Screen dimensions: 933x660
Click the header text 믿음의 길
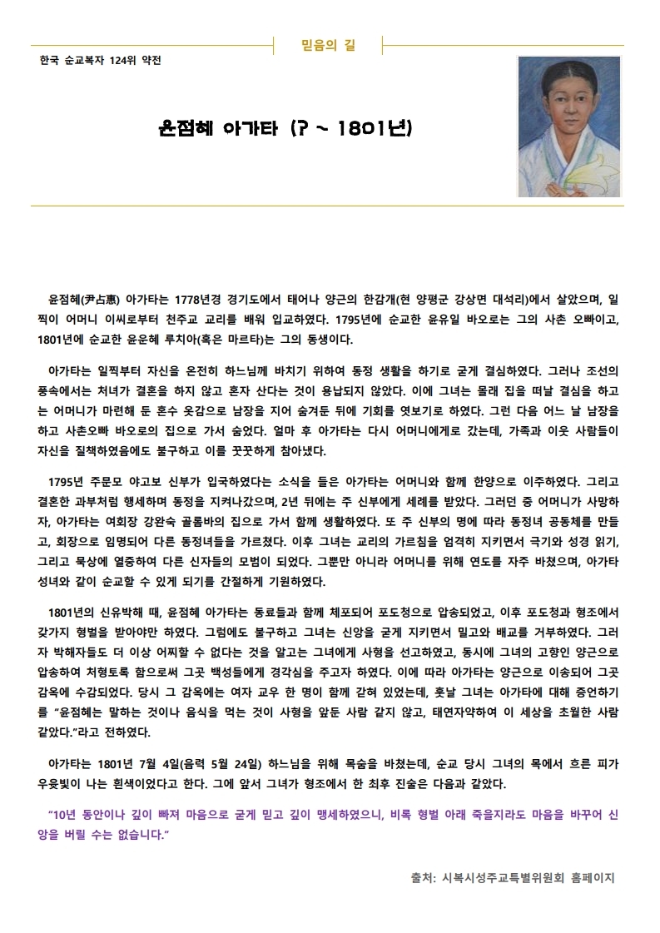(x=327, y=45)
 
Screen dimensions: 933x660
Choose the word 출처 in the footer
(x=424, y=877)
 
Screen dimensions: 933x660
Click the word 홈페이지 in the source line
(x=588, y=877)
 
